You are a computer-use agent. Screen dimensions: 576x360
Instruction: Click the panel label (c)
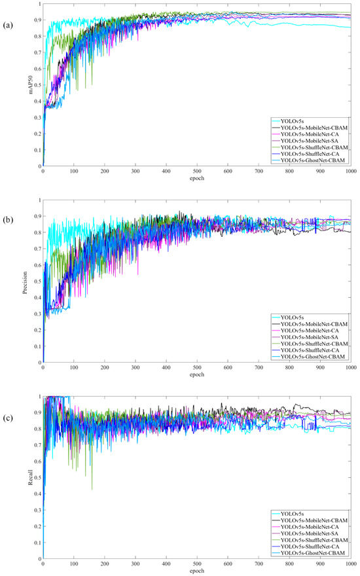coord(9,401)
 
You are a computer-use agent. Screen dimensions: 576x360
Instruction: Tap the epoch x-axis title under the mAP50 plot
coord(197,178)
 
